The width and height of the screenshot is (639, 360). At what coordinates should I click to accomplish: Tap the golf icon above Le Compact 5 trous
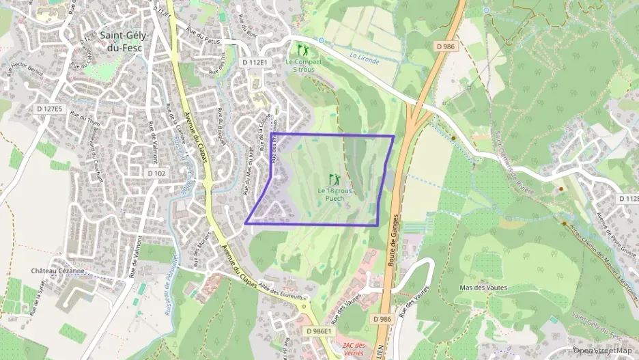coord(303,51)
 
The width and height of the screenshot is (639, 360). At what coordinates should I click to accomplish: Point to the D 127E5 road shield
coord(49,109)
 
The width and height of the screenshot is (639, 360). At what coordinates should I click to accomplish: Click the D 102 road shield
coord(156,174)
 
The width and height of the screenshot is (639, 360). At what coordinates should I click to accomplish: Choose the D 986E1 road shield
coord(319,331)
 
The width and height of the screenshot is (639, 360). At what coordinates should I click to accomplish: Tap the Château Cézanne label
coord(57,271)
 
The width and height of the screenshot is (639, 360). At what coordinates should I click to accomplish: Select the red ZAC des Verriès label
coord(354,348)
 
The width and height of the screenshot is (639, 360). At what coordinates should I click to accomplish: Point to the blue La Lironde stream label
coord(363,55)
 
